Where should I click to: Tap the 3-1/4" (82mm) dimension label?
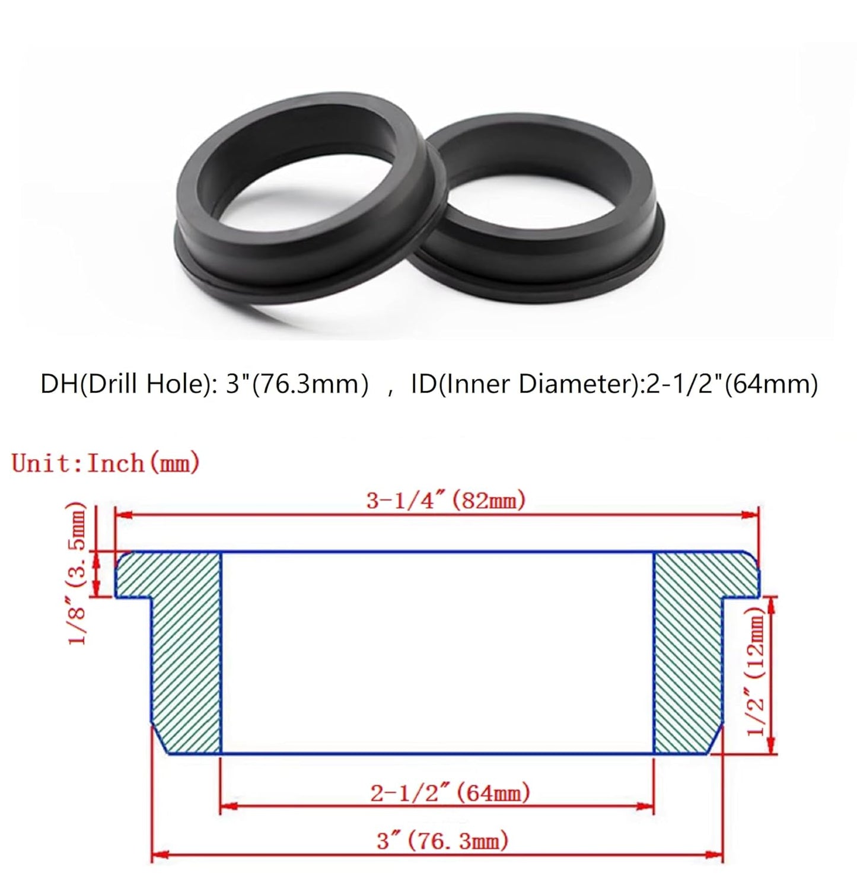point(446,501)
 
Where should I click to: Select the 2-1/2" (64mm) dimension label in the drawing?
point(450,793)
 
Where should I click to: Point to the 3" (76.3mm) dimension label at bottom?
point(442,840)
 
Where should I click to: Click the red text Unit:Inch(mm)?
point(106,463)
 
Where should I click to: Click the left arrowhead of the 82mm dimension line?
point(122,516)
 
